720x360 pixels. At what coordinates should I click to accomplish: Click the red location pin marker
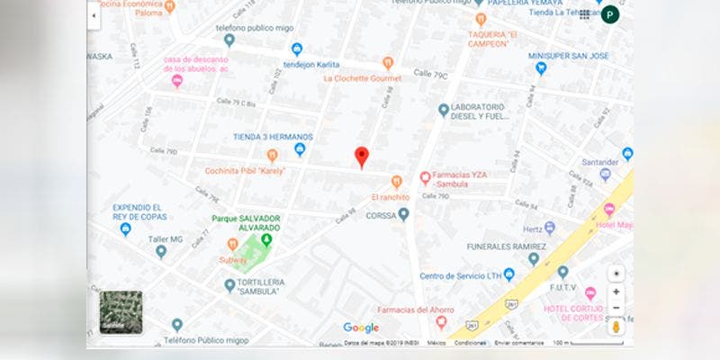361,157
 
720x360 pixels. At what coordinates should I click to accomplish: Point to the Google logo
361,328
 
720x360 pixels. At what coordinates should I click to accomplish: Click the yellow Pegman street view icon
616,326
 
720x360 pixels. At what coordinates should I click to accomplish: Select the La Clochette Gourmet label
362,78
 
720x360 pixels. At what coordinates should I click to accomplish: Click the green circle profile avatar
611,14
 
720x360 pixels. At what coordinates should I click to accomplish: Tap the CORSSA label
381,215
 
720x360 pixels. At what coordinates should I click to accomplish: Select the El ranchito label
390,196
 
